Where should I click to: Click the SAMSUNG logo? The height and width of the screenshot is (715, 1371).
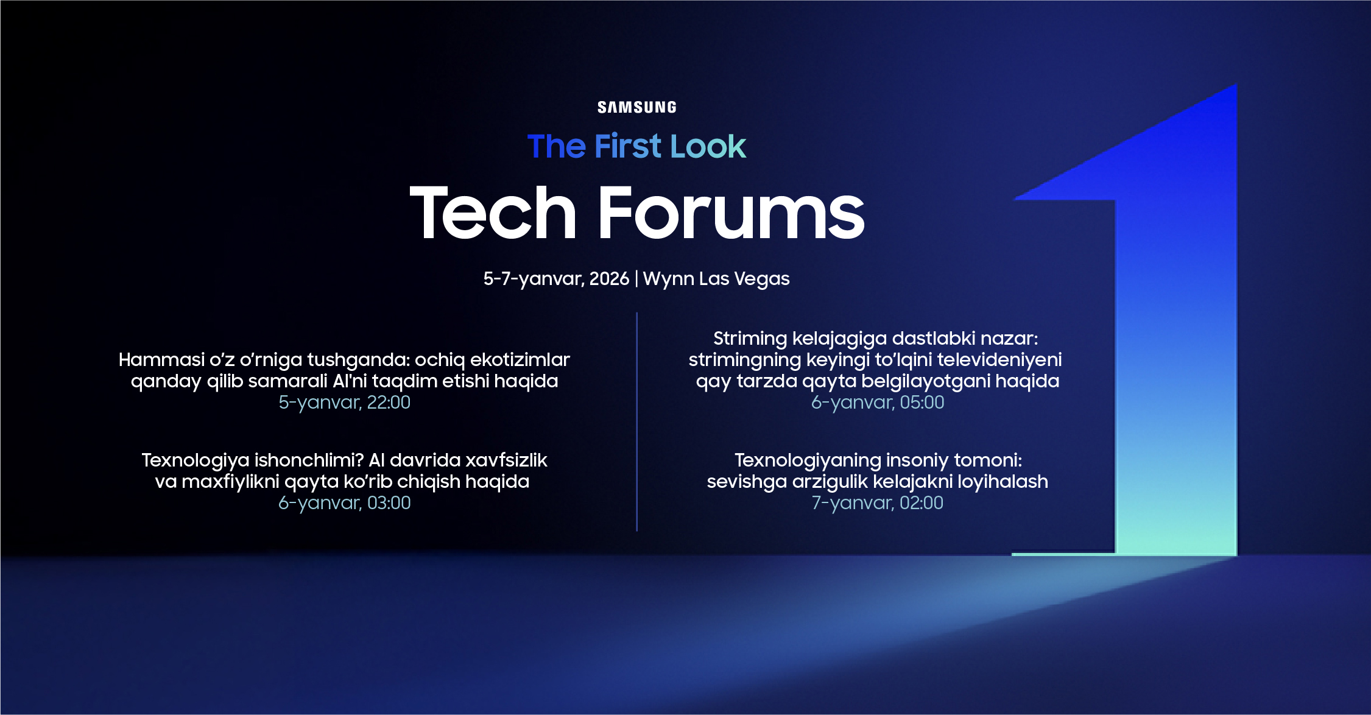[x=636, y=107]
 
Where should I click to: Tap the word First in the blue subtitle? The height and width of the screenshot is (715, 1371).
[x=627, y=146]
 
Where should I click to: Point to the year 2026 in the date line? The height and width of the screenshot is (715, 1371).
[x=609, y=278]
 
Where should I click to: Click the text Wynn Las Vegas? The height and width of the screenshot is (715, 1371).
[x=716, y=279]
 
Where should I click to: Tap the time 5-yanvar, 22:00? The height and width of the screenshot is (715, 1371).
[x=345, y=403]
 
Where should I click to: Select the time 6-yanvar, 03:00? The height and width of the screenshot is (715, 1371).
[x=345, y=503]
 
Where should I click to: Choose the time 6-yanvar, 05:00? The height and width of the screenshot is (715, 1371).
[x=878, y=403]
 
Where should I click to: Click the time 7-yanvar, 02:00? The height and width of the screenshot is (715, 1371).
[x=878, y=503]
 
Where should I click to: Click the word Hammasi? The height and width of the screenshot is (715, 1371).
[x=161, y=360]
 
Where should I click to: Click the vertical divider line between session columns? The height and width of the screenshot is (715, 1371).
[x=636, y=422]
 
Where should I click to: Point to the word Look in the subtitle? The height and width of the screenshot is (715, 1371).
[x=708, y=146]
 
